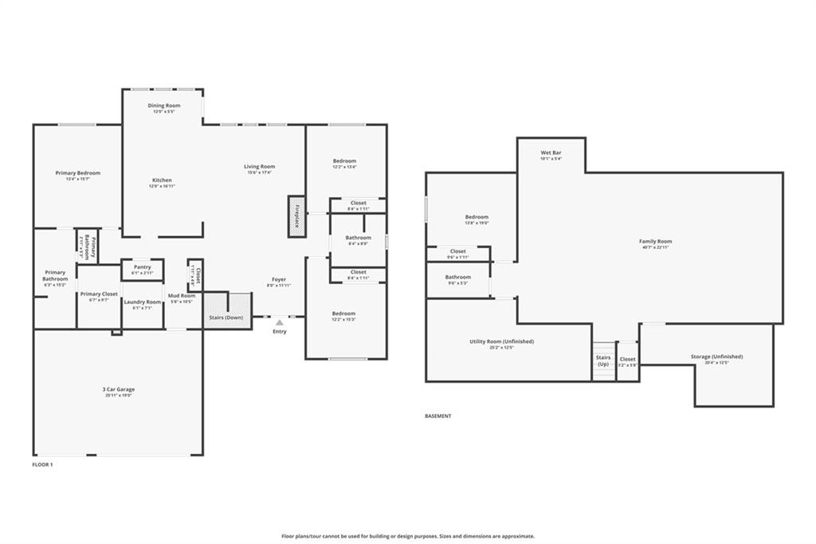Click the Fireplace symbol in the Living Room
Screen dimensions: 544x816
(x=296, y=216)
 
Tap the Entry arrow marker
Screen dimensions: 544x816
(x=279, y=323)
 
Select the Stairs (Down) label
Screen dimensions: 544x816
(x=226, y=317)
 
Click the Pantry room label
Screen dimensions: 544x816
(x=143, y=267)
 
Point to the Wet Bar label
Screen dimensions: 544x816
(x=551, y=152)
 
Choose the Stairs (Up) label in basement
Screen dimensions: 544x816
(x=603, y=361)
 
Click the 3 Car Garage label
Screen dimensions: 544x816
(x=118, y=390)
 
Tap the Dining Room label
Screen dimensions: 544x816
(x=164, y=105)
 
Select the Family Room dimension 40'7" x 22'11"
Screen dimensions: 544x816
(x=655, y=247)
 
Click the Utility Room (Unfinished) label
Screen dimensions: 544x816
(x=501, y=341)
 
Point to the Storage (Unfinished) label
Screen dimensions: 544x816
(x=716, y=357)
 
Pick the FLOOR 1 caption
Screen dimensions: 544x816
(x=42, y=463)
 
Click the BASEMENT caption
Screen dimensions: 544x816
(x=438, y=416)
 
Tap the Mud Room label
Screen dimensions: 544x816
(x=182, y=296)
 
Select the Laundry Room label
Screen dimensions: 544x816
(x=143, y=302)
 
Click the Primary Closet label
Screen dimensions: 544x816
(x=99, y=294)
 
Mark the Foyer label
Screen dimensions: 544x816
(x=279, y=279)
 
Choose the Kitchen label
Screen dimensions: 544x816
(x=162, y=180)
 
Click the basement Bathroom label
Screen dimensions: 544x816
(x=458, y=277)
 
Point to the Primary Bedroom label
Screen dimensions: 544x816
(x=78, y=173)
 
